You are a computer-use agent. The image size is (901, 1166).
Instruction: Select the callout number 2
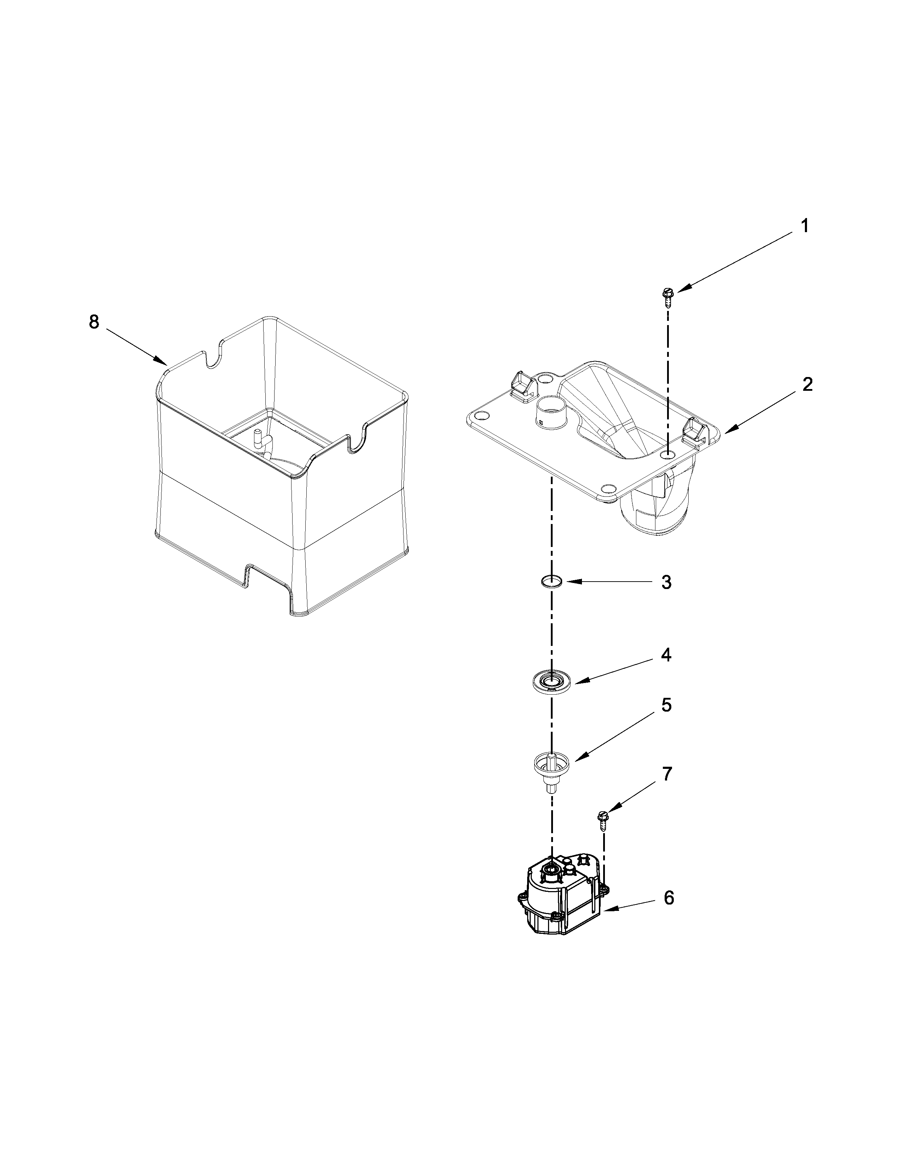click(807, 384)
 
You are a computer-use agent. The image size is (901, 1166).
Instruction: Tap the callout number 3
click(666, 582)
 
